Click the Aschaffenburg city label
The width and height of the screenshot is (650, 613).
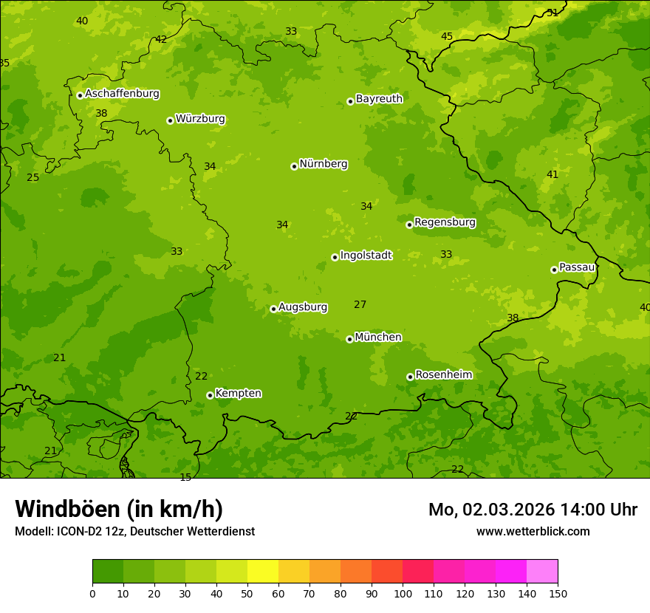click(122, 94)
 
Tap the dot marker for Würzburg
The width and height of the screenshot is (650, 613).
click(170, 120)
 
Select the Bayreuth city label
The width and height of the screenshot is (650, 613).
click(379, 99)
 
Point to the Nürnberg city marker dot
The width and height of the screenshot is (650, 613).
click(294, 166)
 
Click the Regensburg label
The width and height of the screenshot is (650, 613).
click(445, 222)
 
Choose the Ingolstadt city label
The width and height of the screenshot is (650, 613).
click(366, 256)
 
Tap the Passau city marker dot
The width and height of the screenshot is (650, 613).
click(554, 270)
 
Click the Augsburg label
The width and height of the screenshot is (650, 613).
click(303, 307)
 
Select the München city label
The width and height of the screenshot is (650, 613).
click(378, 338)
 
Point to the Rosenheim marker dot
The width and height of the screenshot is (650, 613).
click(410, 377)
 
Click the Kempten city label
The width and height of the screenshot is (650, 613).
click(238, 394)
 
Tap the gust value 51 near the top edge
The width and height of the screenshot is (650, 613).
click(552, 13)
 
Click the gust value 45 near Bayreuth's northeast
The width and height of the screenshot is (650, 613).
click(447, 36)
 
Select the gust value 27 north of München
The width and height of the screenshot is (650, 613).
click(360, 304)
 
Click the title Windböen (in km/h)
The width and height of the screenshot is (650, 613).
click(119, 509)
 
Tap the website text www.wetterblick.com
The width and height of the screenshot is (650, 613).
click(533, 531)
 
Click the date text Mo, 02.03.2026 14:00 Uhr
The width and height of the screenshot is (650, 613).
click(533, 510)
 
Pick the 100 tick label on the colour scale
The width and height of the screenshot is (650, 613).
click(403, 593)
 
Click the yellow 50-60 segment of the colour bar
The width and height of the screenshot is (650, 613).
click(263, 572)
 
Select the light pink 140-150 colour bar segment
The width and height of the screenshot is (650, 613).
click(542, 572)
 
